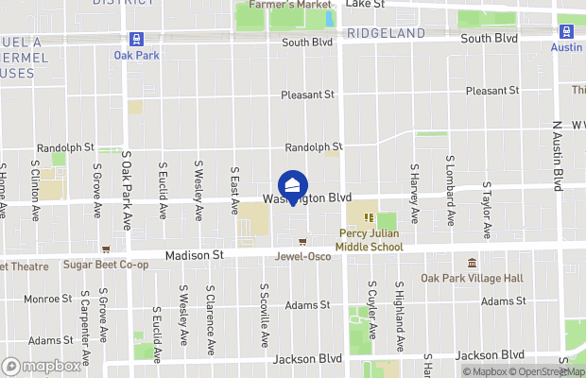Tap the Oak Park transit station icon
(x=135, y=39)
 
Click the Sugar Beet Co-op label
(x=106, y=265)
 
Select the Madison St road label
(x=193, y=255)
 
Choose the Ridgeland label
(x=385, y=33)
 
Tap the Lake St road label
(x=366, y=4)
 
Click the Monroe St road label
(x=42, y=299)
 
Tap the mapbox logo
(x=42, y=366)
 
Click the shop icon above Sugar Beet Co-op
(x=106, y=250)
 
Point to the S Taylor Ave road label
(x=486, y=210)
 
